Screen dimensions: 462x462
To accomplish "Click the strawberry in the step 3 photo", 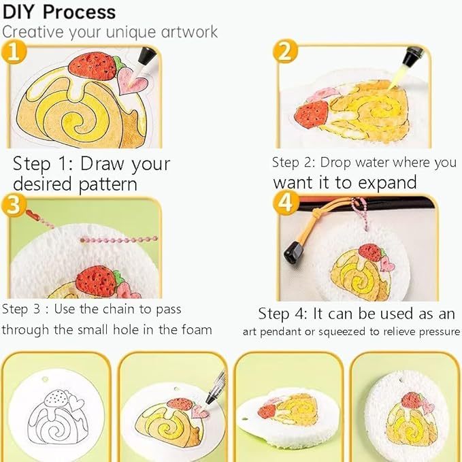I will [96, 280].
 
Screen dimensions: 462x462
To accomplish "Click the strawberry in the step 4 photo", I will [371, 252].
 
